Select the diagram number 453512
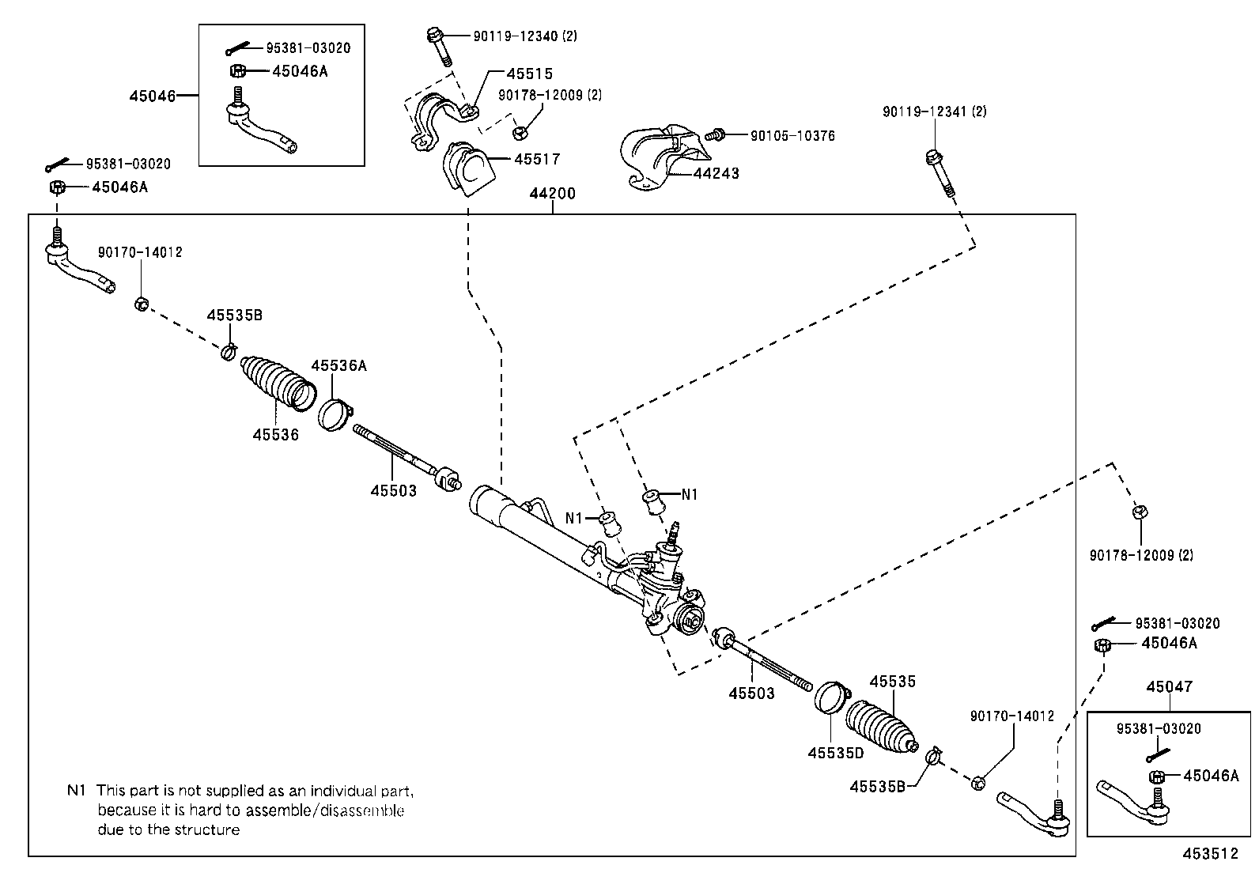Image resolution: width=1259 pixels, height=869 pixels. coord(1210,854)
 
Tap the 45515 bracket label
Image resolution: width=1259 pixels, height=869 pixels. coord(529,74)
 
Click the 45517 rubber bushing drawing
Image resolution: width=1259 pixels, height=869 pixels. coord(465,169)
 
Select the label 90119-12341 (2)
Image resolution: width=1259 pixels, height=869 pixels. coord(934,112)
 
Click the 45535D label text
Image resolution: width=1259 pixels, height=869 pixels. coord(835,754)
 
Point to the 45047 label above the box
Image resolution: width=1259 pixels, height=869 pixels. coord(1169,687)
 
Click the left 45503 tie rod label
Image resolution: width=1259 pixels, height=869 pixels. coord(393,491)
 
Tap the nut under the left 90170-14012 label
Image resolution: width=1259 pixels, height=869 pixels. coord(141,303)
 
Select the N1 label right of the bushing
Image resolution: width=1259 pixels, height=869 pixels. coord(690,494)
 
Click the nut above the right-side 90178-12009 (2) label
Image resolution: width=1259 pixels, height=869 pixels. coord(1139,512)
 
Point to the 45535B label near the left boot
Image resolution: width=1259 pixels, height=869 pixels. coord(234,315)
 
